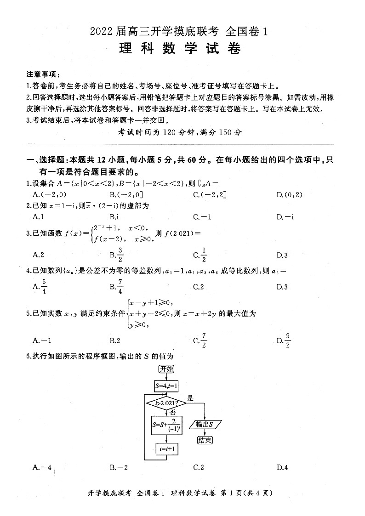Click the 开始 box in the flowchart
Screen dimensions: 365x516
[x=166, y=369]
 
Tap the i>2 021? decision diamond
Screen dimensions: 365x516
[x=166, y=404]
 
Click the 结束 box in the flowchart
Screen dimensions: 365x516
[x=205, y=440]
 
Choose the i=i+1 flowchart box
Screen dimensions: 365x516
[x=166, y=449]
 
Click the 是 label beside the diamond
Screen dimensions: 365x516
[x=190, y=398]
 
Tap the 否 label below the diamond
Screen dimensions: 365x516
[x=173, y=413]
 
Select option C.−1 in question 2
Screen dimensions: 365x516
[x=202, y=217]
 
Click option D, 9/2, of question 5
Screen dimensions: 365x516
[x=284, y=340]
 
